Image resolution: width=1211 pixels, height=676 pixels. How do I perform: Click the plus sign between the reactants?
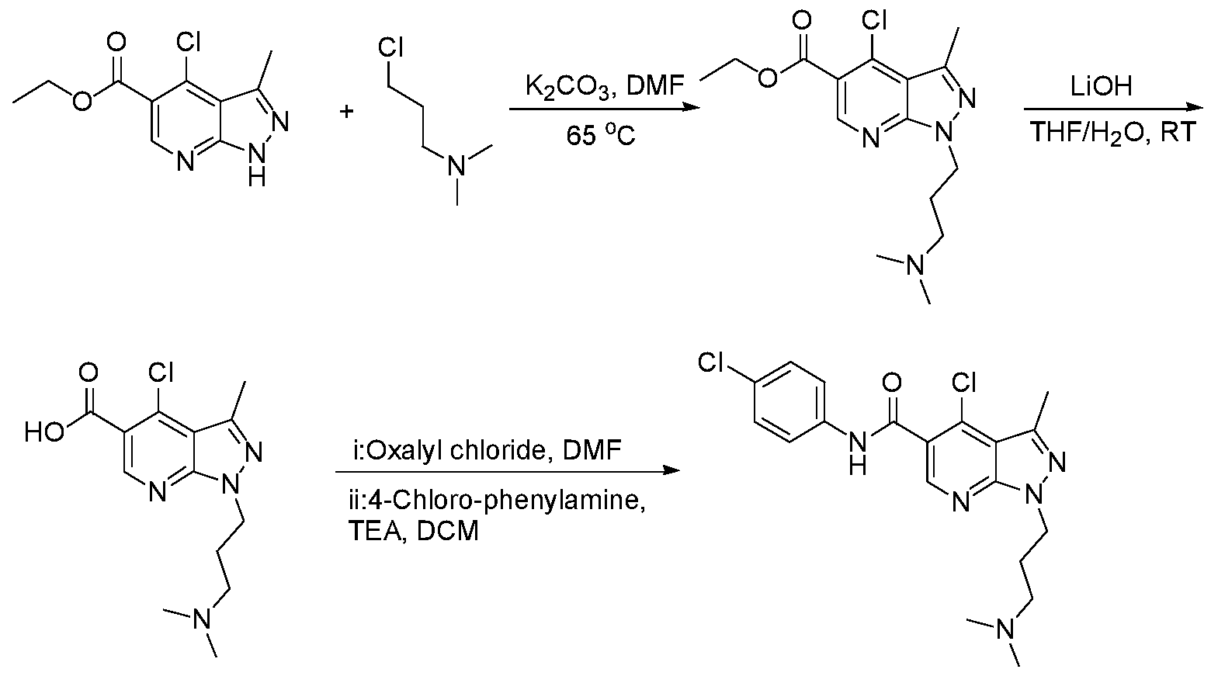[x=346, y=113]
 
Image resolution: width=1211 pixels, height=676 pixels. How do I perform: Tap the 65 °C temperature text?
[x=601, y=135]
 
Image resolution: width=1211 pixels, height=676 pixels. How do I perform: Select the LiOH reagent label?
[x=1102, y=86]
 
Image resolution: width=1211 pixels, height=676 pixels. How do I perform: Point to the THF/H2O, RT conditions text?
[x=1113, y=133]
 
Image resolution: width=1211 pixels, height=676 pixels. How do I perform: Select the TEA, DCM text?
[x=414, y=531]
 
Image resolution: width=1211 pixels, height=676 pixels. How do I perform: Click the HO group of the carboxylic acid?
[x=45, y=432]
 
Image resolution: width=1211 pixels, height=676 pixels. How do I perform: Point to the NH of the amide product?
[x=858, y=452]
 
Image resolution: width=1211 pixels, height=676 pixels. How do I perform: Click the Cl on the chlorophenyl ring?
[x=711, y=362]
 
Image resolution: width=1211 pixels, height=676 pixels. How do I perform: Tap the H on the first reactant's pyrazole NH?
[x=257, y=176]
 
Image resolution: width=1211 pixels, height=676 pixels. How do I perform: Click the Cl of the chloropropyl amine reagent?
[x=390, y=47]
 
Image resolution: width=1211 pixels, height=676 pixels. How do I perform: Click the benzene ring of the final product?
[x=789, y=402]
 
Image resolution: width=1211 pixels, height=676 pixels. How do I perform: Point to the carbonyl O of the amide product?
[x=892, y=383]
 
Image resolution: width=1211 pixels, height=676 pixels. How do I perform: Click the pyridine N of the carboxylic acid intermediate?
[x=157, y=492]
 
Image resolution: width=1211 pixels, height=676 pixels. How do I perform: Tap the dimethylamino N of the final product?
[x=1005, y=630]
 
